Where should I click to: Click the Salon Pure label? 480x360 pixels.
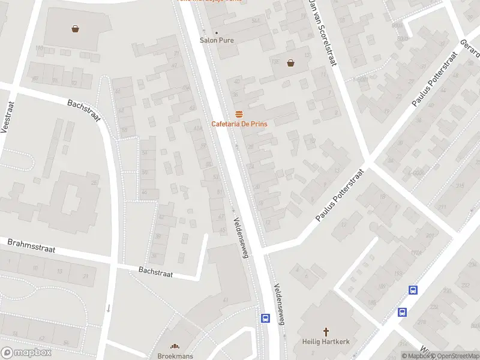point(217,41)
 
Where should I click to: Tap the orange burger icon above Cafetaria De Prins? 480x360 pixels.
point(239,114)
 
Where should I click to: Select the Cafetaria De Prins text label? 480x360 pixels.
point(239,124)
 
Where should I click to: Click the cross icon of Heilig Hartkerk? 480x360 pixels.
point(326,331)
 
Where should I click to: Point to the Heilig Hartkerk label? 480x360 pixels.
point(326,342)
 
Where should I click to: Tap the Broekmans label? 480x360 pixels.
point(175,356)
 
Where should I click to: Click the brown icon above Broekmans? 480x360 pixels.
point(175,346)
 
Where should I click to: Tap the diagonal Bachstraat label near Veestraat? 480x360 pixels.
point(84,112)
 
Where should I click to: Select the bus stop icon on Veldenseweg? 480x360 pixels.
point(265,318)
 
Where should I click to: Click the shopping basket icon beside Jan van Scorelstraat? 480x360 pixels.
point(291,62)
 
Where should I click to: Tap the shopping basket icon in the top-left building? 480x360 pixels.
point(76,28)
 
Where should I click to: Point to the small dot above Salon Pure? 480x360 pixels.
point(217,32)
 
